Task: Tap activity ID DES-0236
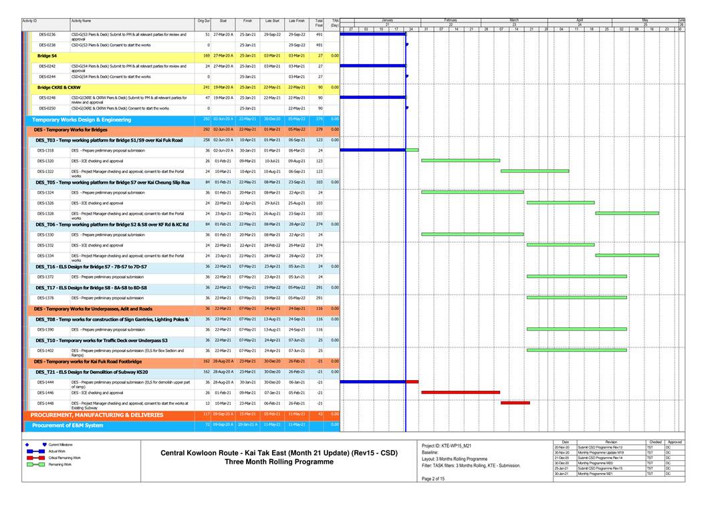[x=47, y=34]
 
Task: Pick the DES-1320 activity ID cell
[x=46, y=161]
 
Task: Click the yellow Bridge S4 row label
[x=47, y=55]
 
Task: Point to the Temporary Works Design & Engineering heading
[x=82, y=120]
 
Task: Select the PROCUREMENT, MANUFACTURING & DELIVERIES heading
[x=97, y=415]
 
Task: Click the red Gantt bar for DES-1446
[x=460, y=393]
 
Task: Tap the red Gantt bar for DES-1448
[x=515, y=403]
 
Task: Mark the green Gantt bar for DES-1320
[x=460, y=160]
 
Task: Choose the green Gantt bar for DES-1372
[x=576, y=276]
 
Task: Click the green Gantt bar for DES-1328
[x=626, y=213]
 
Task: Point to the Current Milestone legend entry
[x=60, y=444]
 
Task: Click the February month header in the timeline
[x=450, y=20]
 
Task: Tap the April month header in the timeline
[x=580, y=20]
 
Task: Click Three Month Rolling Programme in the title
[x=279, y=462]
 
